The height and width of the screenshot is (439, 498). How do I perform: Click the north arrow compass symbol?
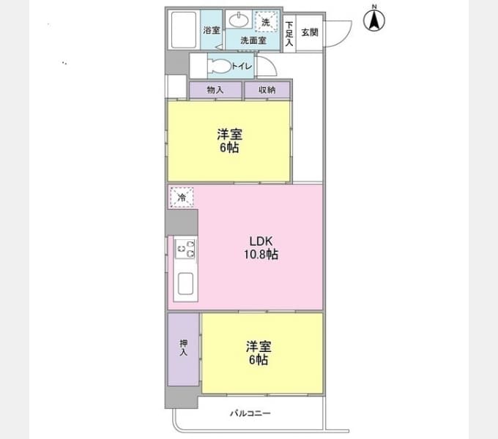(374, 19)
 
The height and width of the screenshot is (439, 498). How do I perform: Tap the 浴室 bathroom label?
(212, 31)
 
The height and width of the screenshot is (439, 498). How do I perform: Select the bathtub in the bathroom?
(184, 30)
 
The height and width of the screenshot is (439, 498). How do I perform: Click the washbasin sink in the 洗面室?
(239, 20)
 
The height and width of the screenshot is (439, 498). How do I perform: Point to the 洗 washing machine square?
(266, 22)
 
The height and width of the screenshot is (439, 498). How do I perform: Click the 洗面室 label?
(253, 40)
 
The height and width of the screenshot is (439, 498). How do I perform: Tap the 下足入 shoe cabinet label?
(289, 34)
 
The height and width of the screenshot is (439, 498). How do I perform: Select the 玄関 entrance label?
(310, 32)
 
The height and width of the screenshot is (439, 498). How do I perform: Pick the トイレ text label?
(242, 66)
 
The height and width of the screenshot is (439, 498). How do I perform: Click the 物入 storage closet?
(215, 90)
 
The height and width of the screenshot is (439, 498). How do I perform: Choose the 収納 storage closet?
(267, 90)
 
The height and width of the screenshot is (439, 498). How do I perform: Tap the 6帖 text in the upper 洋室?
(229, 148)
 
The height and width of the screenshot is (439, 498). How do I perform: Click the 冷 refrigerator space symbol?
(182, 198)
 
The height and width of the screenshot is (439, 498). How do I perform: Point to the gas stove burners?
(185, 249)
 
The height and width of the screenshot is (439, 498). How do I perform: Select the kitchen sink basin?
(185, 283)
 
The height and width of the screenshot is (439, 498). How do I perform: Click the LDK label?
(261, 241)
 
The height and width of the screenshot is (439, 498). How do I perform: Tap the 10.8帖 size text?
(261, 255)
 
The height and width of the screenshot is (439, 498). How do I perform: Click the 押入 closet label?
(184, 348)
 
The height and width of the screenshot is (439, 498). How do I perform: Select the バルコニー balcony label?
(250, 413)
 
